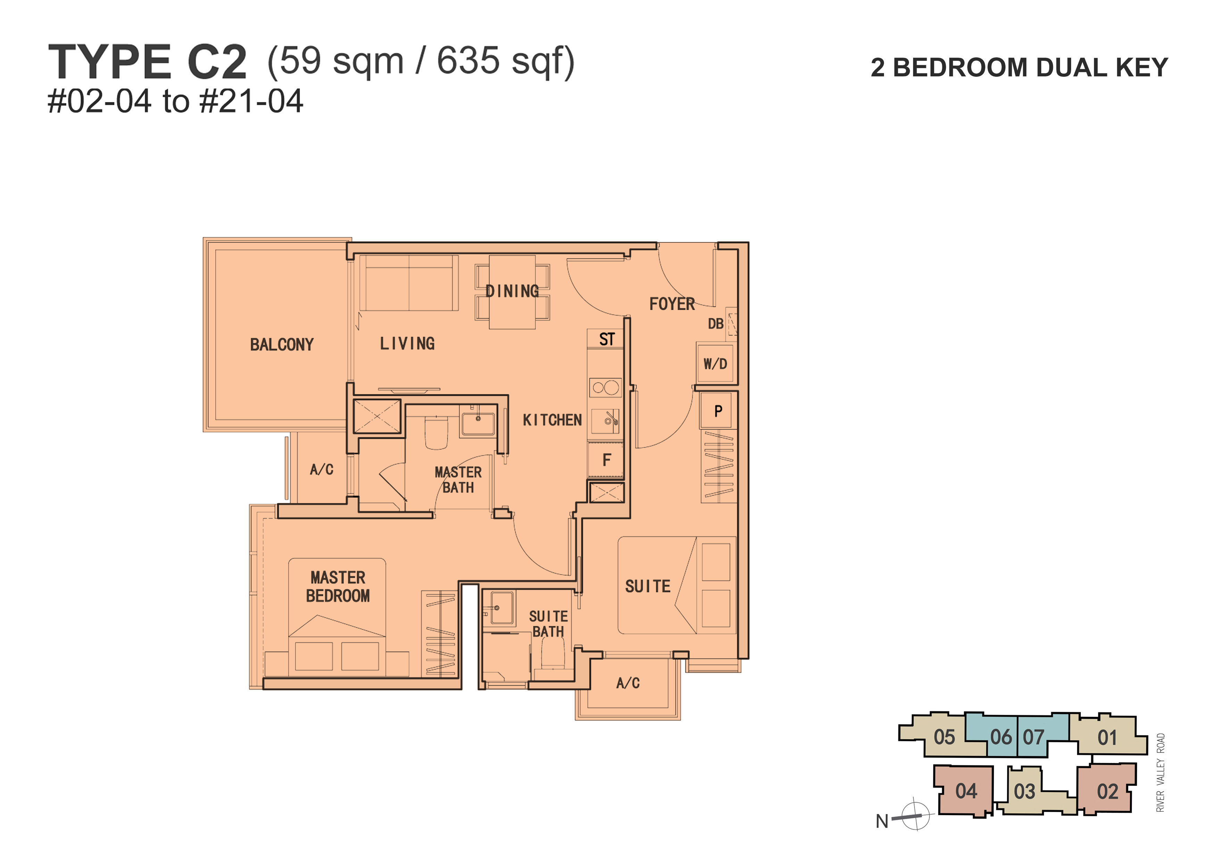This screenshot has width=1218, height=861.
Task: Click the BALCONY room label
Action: [282, 345]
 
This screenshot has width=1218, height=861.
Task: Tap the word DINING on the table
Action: [512, 291]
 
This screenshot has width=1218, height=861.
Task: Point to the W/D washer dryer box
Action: [715, 363]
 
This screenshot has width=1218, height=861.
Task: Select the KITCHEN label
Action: [552, 420]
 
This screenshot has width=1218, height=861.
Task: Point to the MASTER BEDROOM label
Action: [338, 587]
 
